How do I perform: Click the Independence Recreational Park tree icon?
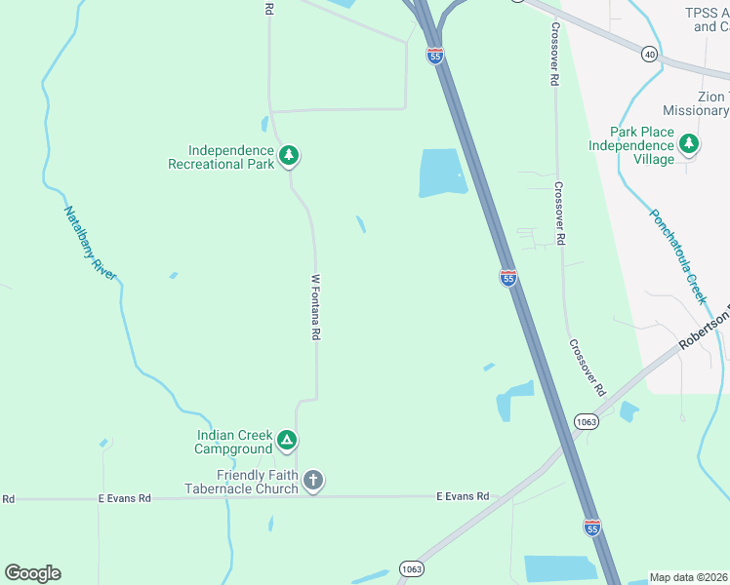tap(288, 155)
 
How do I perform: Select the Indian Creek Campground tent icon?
tap(286, 441)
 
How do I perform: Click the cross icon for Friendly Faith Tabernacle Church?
tap(312, 480)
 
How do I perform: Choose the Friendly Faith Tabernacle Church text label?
tap(243, 482)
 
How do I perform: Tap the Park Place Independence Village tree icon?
tap(689, 144)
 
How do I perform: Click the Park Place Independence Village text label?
tap(631, 145)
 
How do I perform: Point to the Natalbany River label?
tap(90, 243)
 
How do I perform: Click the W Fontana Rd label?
tap(315, 306)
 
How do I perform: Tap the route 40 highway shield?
tap(650, 54)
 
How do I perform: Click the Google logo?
tap(32, 573)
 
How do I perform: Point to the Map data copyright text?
tap(689, 577)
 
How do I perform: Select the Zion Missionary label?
tap(695, 103)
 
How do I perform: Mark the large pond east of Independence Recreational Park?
tap(441, 174)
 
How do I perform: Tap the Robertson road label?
tap(705, 331)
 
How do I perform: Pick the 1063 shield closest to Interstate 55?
tap(586, 421)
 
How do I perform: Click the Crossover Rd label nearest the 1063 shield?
tap(588, 368)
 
